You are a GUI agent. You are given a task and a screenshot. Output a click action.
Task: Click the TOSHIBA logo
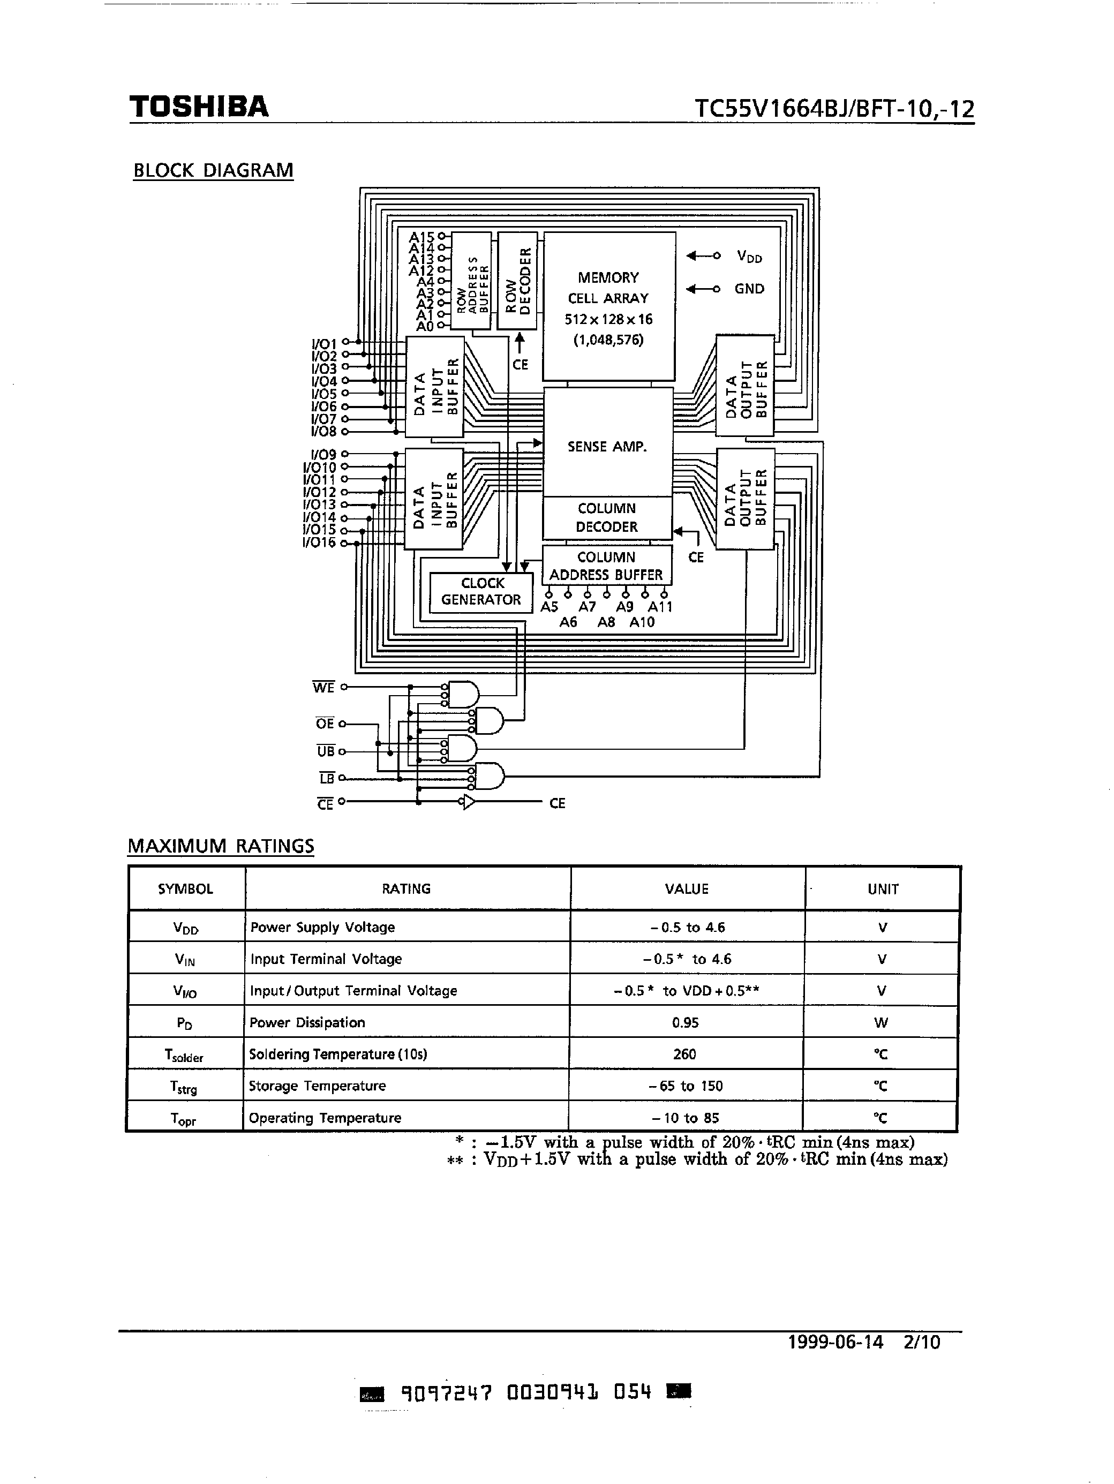(x=199, y=107)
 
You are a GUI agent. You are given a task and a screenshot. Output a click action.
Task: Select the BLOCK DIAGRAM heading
(x=213, y=170)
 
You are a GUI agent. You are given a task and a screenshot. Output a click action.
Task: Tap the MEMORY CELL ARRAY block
(x=608, y=306)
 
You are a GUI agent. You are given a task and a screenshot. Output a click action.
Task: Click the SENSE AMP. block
(x=607, y=446)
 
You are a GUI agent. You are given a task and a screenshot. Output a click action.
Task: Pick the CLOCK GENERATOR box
(x=481, y=592)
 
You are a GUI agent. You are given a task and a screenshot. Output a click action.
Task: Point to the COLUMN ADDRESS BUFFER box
(x=606, y=566)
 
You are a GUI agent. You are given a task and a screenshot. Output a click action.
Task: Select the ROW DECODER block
(x=517, y=281)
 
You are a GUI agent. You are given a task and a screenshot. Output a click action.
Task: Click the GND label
(x=749, y=289)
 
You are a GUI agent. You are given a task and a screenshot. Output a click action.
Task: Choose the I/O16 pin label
(x=319, y=543)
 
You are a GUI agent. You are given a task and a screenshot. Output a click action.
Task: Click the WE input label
(x=323, y=688)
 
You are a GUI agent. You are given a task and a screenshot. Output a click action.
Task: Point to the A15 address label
(x=422, y=237)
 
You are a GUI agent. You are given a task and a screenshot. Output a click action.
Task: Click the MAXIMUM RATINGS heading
(x=221, y=846)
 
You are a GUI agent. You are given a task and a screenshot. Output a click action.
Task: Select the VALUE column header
(x=687, y=889)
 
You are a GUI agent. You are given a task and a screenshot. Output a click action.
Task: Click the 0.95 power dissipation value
(x=685, y=1022)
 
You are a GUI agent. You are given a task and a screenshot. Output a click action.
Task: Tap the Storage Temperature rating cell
(x=318, y=1086)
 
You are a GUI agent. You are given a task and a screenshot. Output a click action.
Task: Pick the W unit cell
(x=881, y=1023)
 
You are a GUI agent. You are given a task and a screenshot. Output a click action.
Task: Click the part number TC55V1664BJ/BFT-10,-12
(x=834, y=109)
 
